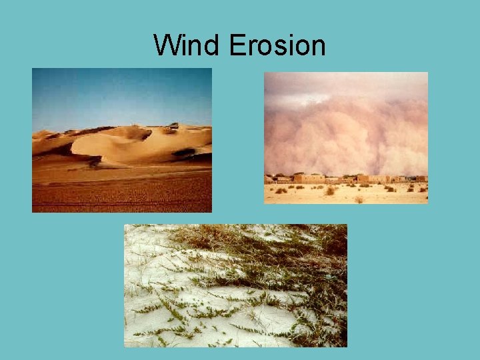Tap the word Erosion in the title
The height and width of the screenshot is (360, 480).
pyautogui.click(x=277, y=45)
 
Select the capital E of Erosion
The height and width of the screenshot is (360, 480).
pyautogui.click(x=237, y=45)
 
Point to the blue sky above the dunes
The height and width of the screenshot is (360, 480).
pyautogui.click(x=120, y=93)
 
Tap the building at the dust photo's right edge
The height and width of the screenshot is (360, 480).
pyautogui.click(x=421, y=179)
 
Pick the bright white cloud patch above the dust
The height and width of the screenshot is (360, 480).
pyautogui.click(x=347, y=83)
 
